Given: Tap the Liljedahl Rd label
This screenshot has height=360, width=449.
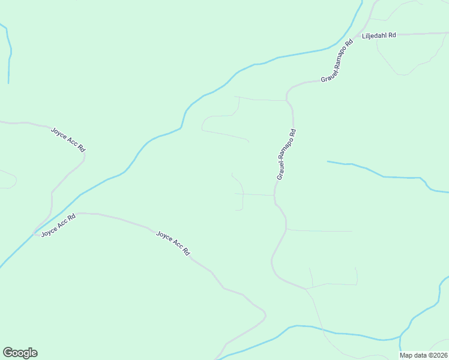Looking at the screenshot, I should pos(379,35).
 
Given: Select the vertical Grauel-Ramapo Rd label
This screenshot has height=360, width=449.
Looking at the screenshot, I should pos(286,155).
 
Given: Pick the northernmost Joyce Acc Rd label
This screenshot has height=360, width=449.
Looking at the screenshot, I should pos(67,139).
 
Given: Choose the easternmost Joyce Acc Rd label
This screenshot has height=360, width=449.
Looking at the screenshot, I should pos(173,243).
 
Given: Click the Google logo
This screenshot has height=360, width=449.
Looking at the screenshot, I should pos(20,353).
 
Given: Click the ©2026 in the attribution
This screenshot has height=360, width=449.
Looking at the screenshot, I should pos(438,355).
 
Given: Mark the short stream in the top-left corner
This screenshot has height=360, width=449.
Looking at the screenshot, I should pos(9,54).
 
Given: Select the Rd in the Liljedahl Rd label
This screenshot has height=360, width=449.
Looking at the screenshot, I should pos(391,35).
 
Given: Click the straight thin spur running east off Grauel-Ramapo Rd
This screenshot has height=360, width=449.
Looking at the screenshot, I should pos(321,230).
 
